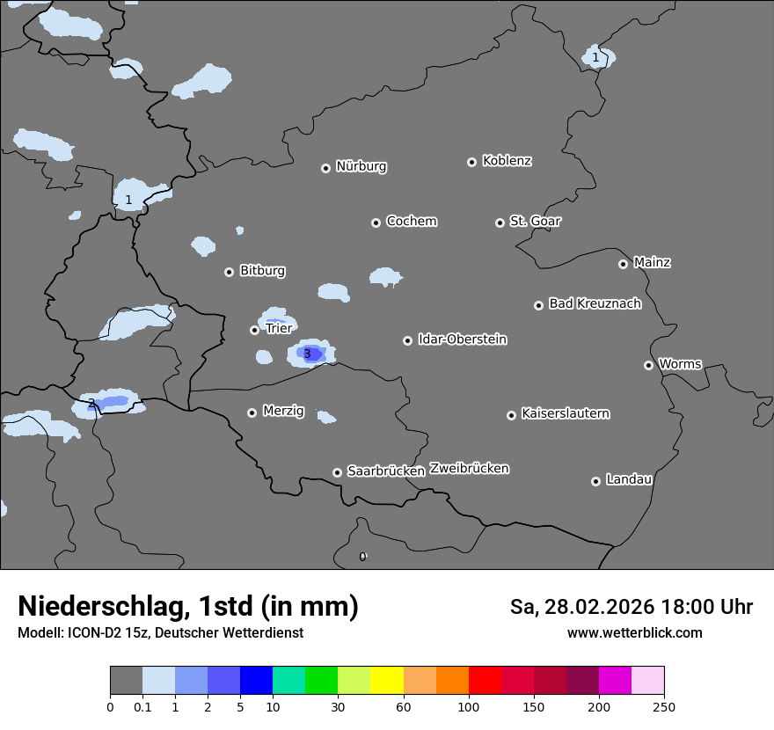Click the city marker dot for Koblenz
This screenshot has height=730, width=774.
coord(471,162)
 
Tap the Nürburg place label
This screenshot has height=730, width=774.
coord(361,166)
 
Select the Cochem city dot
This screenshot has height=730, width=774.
coord(376,223)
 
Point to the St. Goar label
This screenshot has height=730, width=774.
coord(535,221)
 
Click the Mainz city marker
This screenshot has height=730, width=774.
coord(623,264)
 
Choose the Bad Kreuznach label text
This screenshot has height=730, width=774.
coord(595,303)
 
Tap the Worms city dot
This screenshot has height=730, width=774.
coord(648,365)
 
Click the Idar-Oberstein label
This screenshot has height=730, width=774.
coord(462,339)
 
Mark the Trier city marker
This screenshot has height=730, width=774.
coord(254,330)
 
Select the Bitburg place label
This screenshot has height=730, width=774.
coord(262,271)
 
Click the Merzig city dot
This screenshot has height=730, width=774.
coord(252,412)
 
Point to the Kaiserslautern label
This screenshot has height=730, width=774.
coord(565,413)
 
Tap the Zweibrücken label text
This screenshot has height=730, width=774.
coord(469,469)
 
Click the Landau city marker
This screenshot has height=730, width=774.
coord(595,481)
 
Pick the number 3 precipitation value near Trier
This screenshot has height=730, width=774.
coord(307,354)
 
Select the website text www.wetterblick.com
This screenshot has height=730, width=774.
coord(634,632)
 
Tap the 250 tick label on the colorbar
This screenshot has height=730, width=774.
coord(664,705)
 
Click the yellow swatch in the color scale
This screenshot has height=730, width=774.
coord(387,681)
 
